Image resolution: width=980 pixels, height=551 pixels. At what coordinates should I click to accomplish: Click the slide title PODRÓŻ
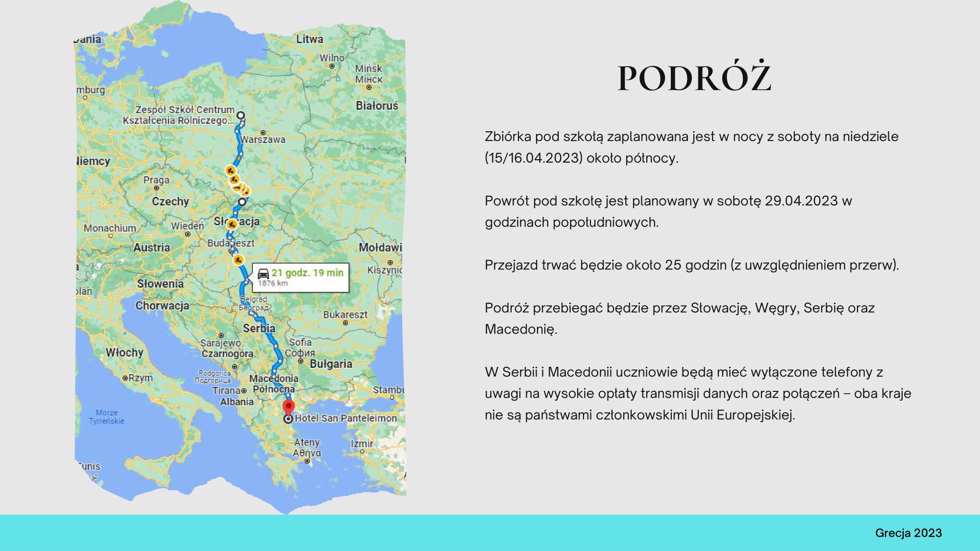tap(694, 78)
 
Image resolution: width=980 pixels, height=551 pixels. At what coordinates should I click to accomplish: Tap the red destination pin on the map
tap(289, 407)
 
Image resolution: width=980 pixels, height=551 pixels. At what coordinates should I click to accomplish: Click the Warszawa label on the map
tap(263, 140)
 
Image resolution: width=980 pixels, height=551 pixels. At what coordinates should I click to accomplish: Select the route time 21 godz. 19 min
tap(308, 273)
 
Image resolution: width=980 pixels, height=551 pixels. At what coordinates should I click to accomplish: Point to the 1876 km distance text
tap(273, 283)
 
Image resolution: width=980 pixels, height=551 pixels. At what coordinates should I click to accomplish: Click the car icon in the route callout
tap(263, 273)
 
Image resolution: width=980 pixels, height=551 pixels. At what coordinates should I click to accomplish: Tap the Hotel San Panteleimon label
tap(346, 418)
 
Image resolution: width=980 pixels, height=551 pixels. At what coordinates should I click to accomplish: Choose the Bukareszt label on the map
tap(345, 314)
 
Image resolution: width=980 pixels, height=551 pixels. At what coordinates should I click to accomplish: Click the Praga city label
tap(156, 180)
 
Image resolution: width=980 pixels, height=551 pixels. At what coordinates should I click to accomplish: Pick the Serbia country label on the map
tap(259, 328)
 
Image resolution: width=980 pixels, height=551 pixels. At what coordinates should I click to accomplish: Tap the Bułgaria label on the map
tap(331, 364)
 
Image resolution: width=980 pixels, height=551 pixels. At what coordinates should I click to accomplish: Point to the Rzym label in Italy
tap(141, 378)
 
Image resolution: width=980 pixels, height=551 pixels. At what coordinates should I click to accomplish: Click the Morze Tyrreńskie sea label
tap(107, 417)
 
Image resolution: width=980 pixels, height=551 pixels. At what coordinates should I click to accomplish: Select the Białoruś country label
tap(377, 106)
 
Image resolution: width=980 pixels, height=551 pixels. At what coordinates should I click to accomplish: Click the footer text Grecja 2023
tap(908, 533)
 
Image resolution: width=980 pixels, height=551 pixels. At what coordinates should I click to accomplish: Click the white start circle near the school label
tap(241, 116)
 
